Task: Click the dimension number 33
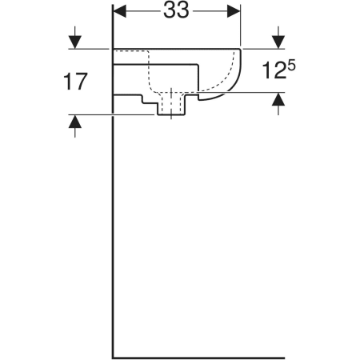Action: tap(176, 11)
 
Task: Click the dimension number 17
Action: tap(75, 82)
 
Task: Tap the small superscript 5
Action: tap(292, 66)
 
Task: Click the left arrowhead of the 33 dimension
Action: tap(120, 11)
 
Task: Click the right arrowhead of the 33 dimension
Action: tap(234, 11)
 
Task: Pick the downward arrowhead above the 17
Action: tap(75, 42)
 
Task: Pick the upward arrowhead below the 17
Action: tap(75, 122)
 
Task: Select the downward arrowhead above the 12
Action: tap(278, 42)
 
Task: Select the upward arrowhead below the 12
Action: tap(278, 99)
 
